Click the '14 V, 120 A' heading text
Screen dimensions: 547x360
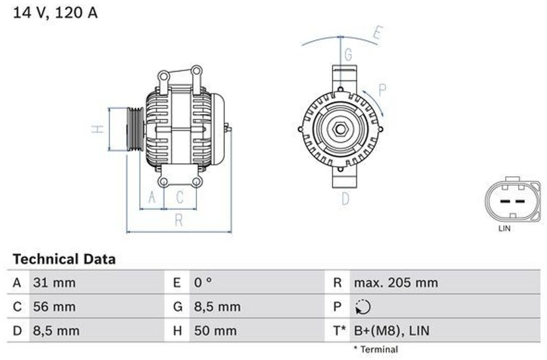55,13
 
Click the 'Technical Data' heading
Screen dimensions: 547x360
64,259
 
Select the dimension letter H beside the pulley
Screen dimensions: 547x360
98,128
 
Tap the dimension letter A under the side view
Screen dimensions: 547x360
152,197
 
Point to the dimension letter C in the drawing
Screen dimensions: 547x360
180,197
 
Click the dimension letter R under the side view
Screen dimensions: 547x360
179,220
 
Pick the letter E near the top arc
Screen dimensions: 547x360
378,33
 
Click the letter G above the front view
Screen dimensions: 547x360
348,55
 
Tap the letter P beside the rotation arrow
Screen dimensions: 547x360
383,90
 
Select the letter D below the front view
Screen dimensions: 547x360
345,199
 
